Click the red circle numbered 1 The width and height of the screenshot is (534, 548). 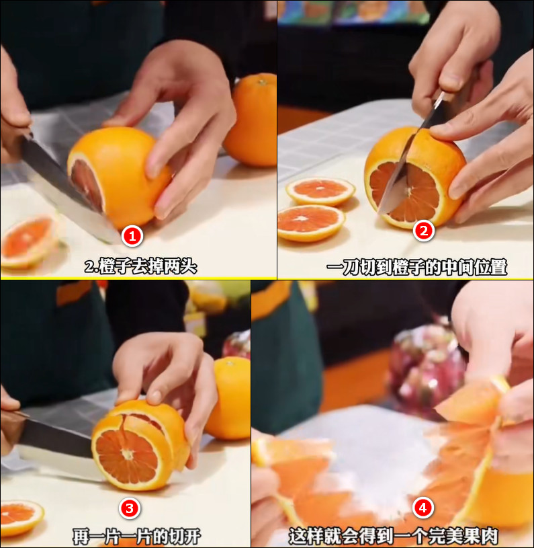(x=132, y=235)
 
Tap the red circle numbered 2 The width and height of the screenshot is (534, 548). (x=423, y=231)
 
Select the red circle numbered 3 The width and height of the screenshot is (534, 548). (x=129, y=508)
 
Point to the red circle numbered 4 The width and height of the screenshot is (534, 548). (x=422, y=508)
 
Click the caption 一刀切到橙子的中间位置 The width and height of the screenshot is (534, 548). (x=416, y=267)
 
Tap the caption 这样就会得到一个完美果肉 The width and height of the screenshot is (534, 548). (x=394, y=537)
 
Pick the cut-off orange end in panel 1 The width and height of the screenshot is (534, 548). (x=27, y=241)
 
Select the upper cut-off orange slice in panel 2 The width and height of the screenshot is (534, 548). (x=320, y=190)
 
